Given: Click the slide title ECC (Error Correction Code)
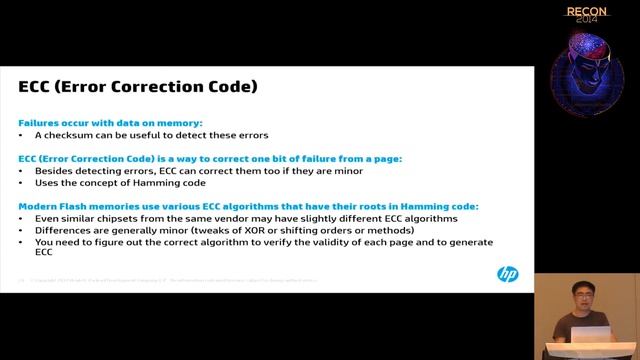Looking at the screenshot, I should point(138,87).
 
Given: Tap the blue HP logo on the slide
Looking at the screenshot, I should point(507,274).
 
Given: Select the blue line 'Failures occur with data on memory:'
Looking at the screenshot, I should point(110,122).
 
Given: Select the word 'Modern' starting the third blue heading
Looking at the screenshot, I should point(38,205).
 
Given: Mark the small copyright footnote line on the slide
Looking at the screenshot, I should point(170,280).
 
